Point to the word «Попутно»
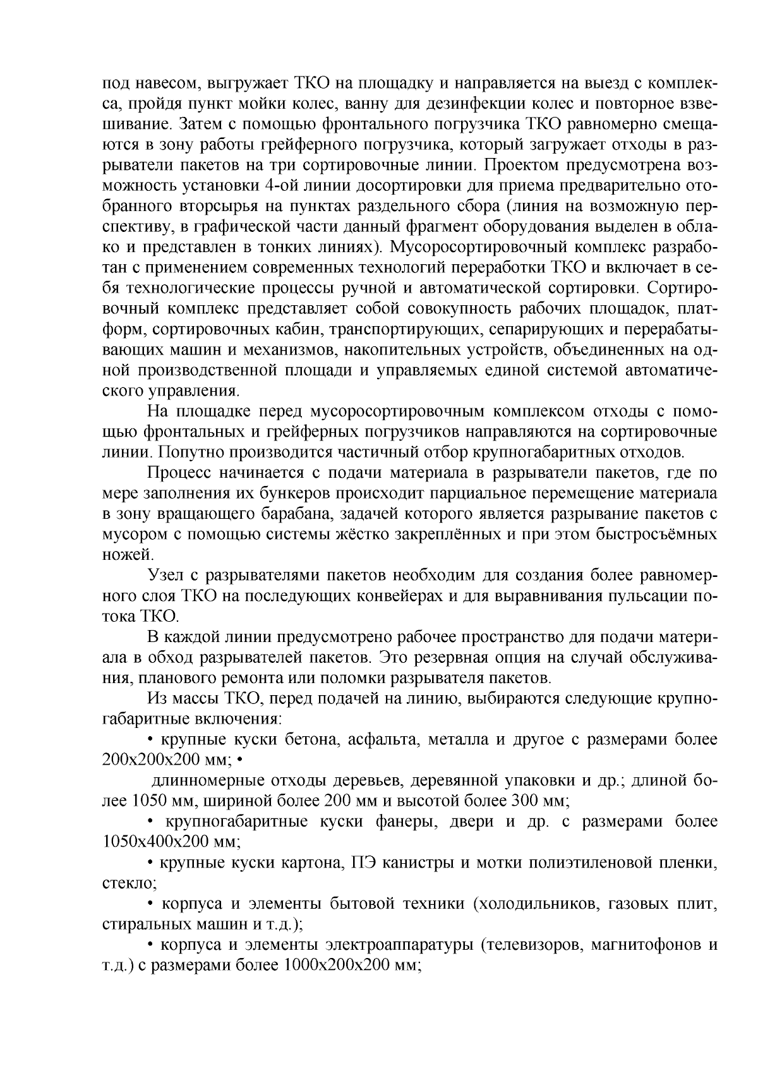[193, 452]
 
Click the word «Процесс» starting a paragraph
[179, 473]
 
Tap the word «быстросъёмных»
[656, 534]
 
